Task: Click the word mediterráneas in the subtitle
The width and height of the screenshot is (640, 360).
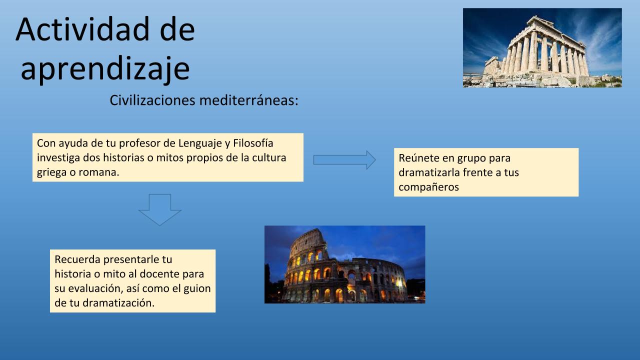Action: coord(249,100)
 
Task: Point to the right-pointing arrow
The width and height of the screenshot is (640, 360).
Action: coord(344,160)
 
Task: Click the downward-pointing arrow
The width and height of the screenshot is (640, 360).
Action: coord(159,209)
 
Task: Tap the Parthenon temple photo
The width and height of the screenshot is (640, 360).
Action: coord(542,47)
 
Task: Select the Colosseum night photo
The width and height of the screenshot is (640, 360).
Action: coord(345,264)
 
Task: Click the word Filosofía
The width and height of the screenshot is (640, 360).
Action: coord(253,143)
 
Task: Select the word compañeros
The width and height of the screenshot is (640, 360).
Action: coord(429,187)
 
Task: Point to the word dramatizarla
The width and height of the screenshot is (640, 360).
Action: coord(429,172)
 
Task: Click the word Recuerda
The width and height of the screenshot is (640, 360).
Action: coord(77,259)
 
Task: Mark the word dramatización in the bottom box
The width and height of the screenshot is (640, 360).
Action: coord(118,303)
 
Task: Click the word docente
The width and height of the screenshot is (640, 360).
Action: coord(158,274)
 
